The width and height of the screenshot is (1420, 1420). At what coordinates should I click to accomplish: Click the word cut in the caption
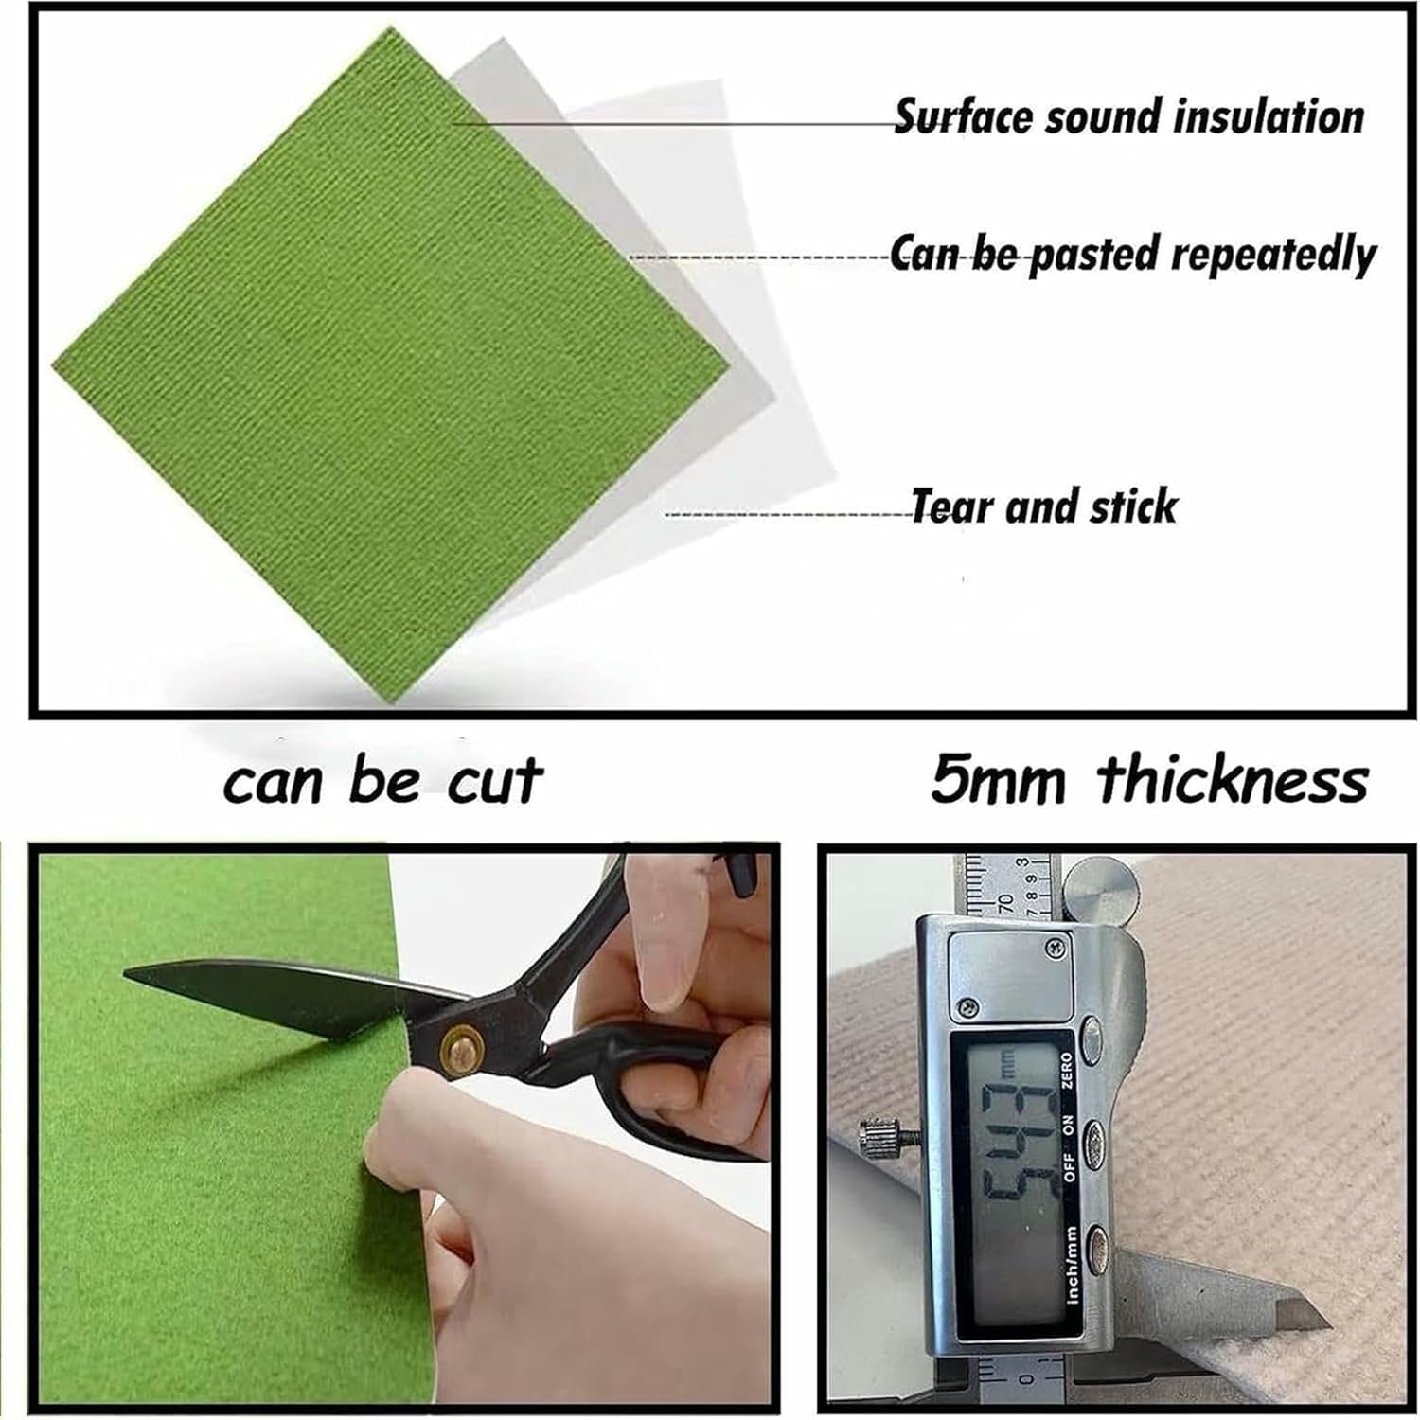coord(493,781)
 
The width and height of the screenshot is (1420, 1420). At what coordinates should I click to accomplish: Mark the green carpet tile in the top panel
coord(388,369)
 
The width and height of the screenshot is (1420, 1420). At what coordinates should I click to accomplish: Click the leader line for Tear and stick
coord(786,514)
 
